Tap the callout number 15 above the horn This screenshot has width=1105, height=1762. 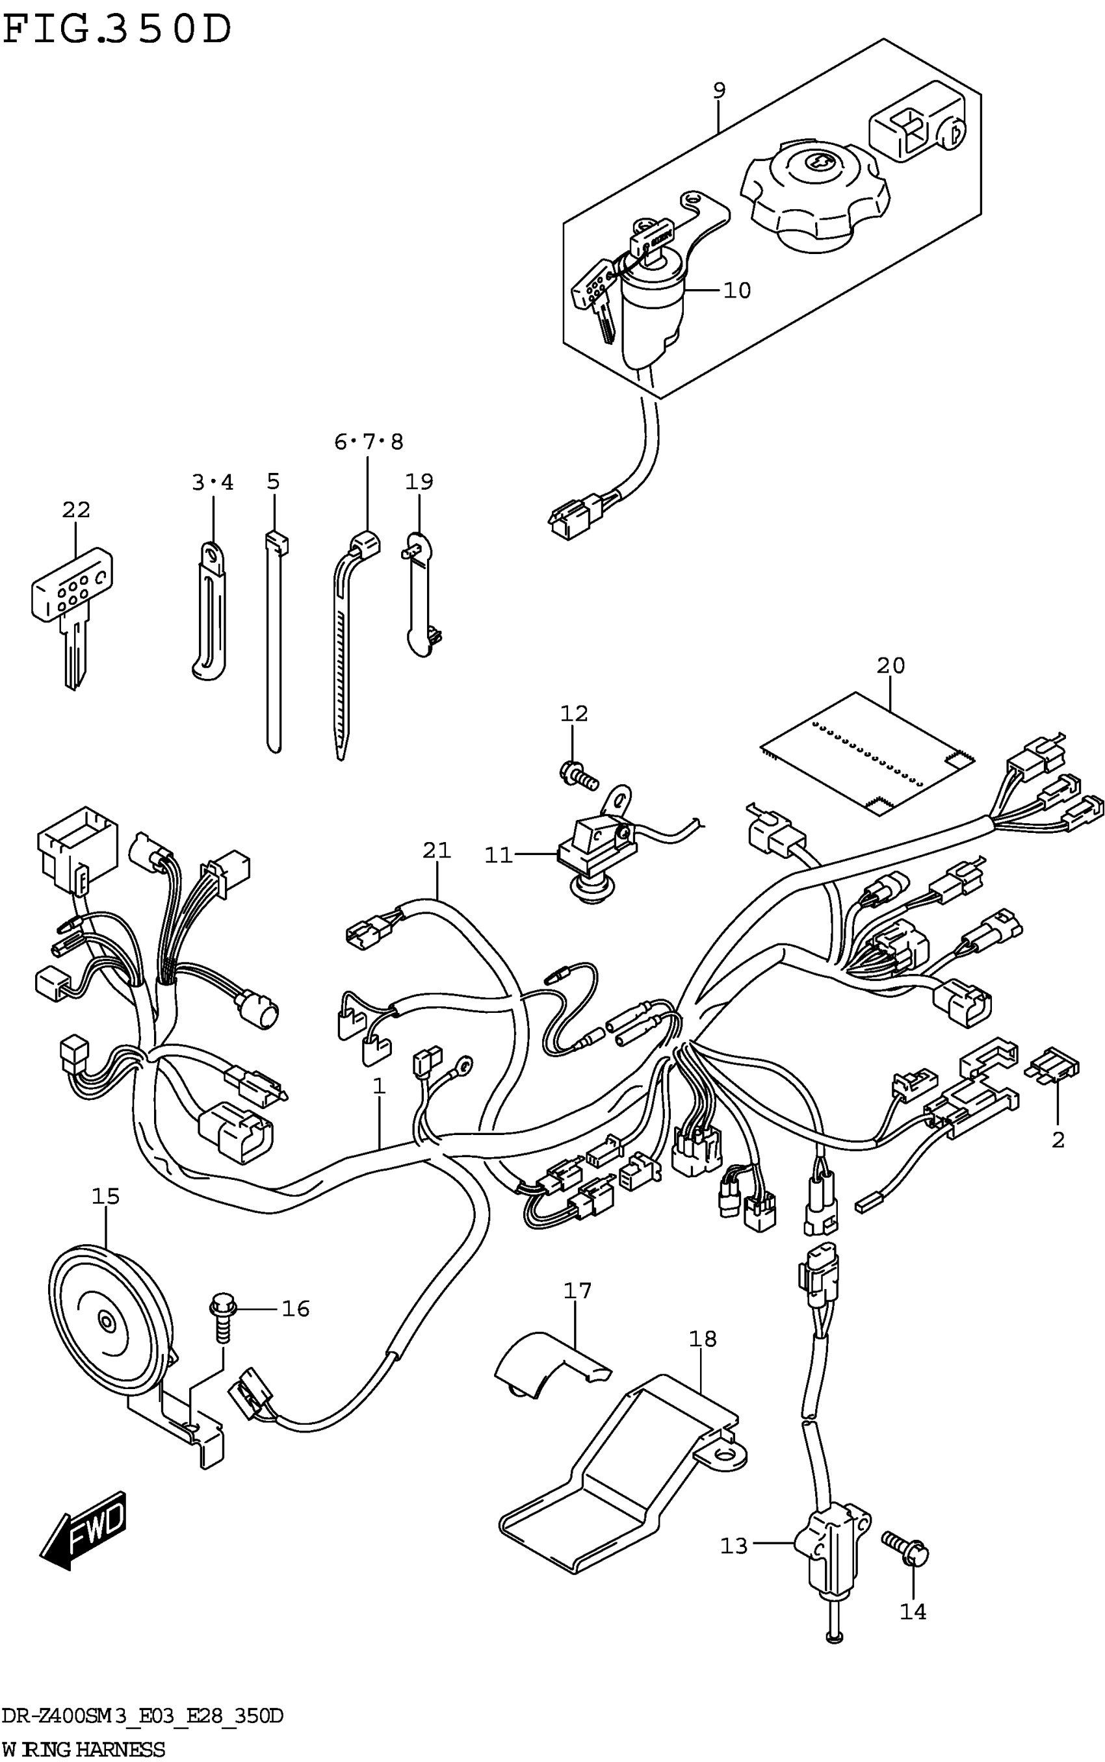[x=105, y=1197]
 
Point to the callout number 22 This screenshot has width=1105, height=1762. [x=76, y=510]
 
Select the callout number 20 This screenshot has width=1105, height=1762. [x=890, y=665]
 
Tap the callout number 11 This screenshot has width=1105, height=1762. [x=499, y=855]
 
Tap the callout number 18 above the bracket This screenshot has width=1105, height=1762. [x=701, y=1338]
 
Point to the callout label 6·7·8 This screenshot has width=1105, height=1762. [x=369, y=442]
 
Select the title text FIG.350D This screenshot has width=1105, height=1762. [x=117, y=29]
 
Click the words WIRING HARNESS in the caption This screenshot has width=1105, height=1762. [x=84, y=1750]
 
